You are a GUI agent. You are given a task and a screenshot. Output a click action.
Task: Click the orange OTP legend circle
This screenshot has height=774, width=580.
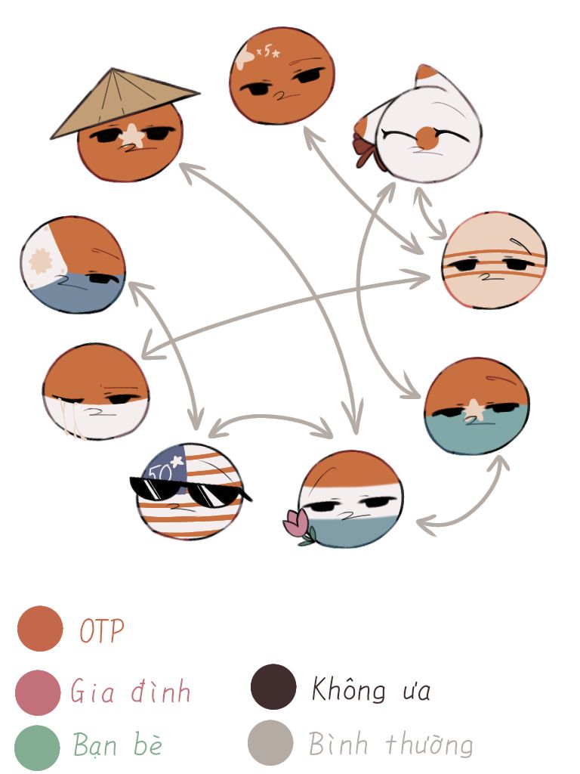(40, 628)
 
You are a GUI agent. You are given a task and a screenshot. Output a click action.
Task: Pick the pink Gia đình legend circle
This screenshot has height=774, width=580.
(38, 692)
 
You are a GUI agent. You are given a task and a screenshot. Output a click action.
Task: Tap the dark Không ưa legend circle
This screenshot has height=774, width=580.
(273, 686)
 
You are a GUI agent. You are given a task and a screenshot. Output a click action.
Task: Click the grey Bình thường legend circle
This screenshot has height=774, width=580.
(271, 743)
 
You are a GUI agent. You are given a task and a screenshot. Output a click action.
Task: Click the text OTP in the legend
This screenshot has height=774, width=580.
(102, 631)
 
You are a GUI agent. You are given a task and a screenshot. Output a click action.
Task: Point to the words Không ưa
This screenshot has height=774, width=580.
(371, 689)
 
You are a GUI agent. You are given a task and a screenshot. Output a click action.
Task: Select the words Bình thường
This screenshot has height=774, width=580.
(390, 745)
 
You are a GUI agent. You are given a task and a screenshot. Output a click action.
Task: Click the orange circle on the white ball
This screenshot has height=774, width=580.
(427, 138)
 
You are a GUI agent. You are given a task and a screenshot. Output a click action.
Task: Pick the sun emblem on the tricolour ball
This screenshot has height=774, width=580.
(41, 261)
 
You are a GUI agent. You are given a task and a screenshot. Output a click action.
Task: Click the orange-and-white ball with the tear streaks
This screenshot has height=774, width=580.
(96, 392)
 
